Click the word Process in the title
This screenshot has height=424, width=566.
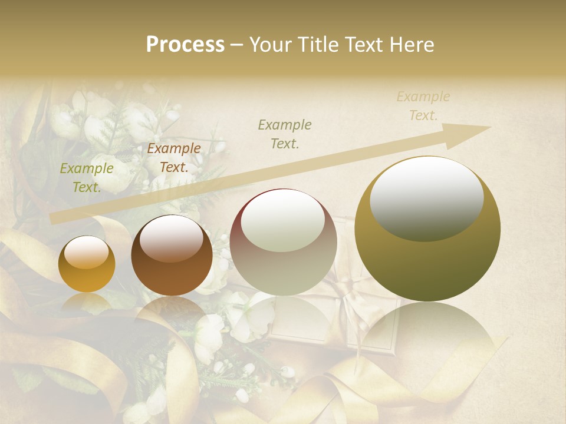[185, 45]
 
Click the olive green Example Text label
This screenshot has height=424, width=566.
[87, 178]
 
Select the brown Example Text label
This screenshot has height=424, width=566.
[174, 158]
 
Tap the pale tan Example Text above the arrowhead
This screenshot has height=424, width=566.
[423, 106]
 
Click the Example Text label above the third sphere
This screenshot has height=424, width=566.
[285, 134]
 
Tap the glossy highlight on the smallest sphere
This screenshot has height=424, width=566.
[86, 253]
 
